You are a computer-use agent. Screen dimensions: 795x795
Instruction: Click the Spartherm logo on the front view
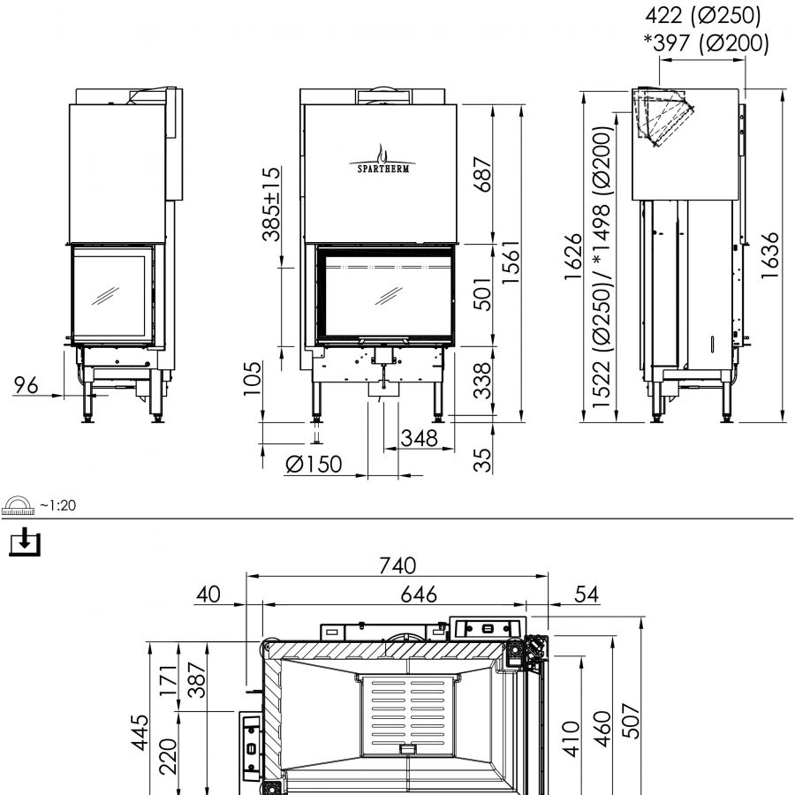point(382,159)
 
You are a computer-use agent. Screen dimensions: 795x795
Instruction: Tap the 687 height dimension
point(482,175)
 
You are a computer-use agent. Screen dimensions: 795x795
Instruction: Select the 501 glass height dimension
point(482,294)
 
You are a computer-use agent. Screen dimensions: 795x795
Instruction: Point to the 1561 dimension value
point(511,262)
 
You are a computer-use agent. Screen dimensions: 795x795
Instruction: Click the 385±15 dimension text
point(271,204)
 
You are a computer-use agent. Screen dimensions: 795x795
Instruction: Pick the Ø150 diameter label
point(314,464)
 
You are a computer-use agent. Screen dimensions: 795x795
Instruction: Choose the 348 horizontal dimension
point(419,438)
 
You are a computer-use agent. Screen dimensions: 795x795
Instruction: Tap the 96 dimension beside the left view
point(26,385)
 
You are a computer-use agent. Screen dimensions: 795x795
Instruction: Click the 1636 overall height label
point(769,255)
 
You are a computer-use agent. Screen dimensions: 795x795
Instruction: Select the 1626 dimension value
point(573,256)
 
